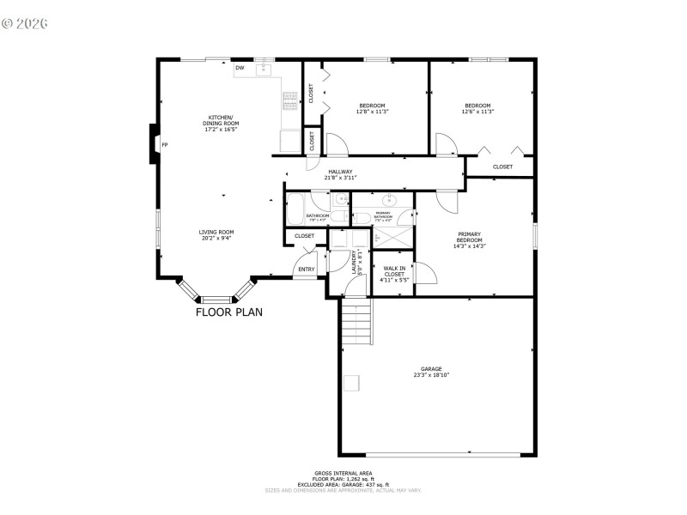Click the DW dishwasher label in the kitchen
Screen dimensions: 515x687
240,68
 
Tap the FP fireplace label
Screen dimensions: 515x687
165,145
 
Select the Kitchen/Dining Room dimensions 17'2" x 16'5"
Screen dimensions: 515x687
222,130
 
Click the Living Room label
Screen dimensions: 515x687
216,232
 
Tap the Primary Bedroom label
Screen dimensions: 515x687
469,237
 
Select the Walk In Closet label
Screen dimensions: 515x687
394,270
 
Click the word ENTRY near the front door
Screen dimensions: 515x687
307,270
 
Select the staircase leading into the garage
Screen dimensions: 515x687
356,319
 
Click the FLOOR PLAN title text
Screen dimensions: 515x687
228,312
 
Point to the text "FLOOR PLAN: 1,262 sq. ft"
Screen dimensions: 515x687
343,478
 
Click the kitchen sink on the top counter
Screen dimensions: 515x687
264,68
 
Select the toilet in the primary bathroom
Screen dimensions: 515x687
362,217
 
